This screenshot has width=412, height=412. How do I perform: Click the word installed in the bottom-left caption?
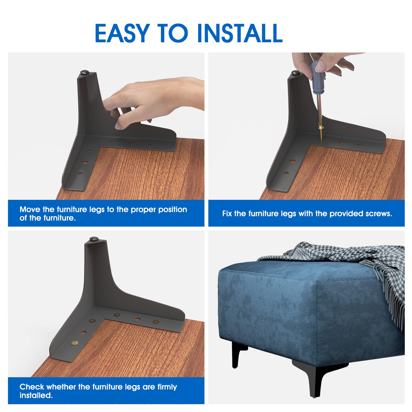(x=36, y=395)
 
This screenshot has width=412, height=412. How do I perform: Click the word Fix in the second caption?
(x=227, y=214)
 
